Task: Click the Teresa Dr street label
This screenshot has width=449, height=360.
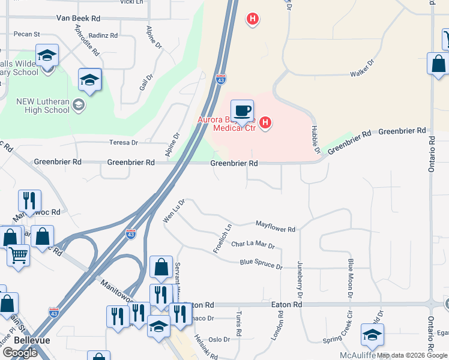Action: point(124,143)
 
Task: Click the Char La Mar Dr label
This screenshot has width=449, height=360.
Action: point(253,245)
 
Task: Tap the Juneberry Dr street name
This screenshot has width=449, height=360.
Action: point(299,277)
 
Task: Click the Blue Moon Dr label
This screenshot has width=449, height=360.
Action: point(350,277)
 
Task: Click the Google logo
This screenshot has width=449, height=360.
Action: point(20,353)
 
